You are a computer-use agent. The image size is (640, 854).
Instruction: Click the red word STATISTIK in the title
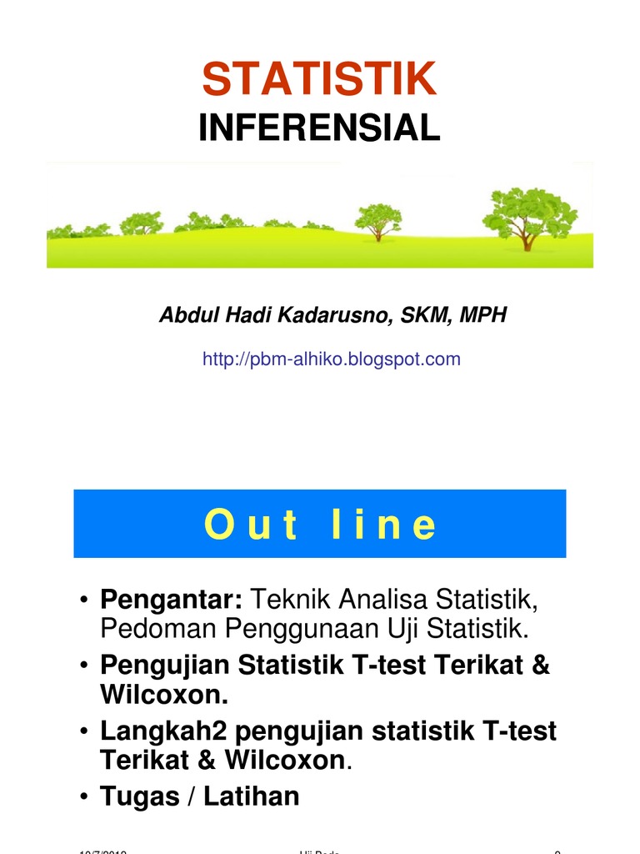click(x=319, y=79)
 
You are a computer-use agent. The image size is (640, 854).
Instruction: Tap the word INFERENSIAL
click(x=319, y=128)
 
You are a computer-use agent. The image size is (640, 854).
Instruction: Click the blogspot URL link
click(x=331, y=359)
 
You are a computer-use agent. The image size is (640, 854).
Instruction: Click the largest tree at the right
click(x=528, y=213)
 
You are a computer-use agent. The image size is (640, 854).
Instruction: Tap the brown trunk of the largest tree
click(x=526, y=241)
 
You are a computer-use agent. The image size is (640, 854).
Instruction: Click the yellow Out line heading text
click(x=320, y=525)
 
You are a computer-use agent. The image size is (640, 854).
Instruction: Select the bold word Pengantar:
click(x=171, y=599)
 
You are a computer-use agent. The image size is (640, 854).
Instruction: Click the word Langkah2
click(x=162, y=731)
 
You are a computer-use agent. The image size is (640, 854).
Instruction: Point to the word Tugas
click(x=137, y=796)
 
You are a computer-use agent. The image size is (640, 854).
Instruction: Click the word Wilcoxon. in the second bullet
click(x=163, y=694)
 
